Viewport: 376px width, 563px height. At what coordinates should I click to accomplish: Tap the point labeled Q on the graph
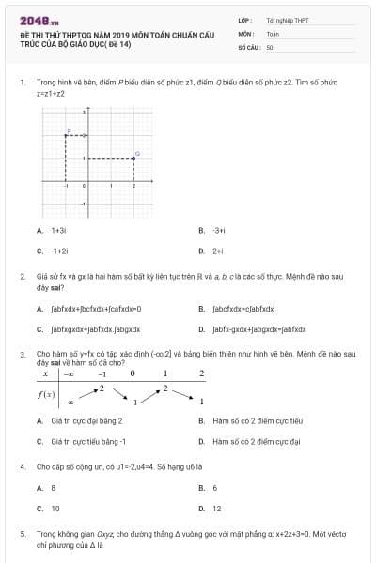tap(133, 158)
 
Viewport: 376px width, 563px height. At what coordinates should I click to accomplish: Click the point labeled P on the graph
tap(66, 135)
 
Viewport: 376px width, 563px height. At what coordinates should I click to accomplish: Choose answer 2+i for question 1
tap(217, 251)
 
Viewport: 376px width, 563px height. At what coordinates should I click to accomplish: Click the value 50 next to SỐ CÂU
tap(270, 46)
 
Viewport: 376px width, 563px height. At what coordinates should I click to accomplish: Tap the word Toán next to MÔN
tap(273, 33)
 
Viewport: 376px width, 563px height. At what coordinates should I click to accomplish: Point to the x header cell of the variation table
tap(44, 373)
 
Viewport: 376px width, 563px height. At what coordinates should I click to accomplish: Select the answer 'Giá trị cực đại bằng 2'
tap(86, 420)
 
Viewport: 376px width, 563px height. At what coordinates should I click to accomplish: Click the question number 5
tap(22, 533)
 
